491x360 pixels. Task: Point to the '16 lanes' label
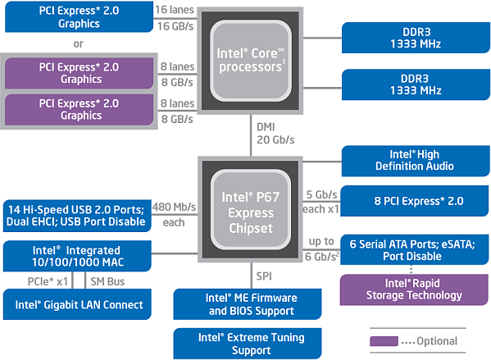click(176, 8)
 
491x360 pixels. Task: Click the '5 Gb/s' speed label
click(321, 194)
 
